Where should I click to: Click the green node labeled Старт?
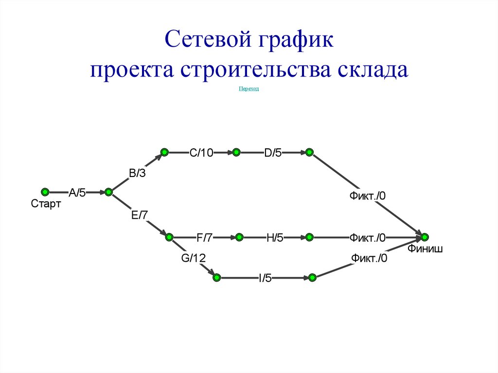tap(45, 192)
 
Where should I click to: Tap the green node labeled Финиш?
tap(425, 237)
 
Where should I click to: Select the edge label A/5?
tap(77, 193)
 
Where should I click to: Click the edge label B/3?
tap(137, 173)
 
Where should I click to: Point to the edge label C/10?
tap(201, 153)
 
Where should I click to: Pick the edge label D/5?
tap(273, 153)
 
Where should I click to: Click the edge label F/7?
tap(204, 238)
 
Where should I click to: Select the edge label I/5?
tap(265, 278)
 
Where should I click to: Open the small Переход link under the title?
tap(249, 89)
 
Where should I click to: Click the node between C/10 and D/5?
tap(236, 153)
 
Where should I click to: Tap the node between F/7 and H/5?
tap(239, 237)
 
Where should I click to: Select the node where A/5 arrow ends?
tap(108, 192)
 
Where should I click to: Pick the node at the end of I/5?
tap(313, 278)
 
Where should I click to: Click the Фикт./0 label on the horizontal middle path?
tap(367, 238)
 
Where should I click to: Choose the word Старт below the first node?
tap(46, 204)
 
